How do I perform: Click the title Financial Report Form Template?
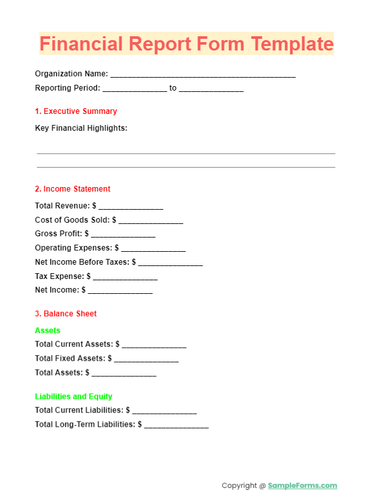(x=187, y=44)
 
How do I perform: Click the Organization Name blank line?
(x=203, y=75)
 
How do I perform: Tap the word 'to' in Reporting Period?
(x=173, y=88)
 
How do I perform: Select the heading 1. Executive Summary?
(x=76, y=111)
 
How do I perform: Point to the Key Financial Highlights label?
(x=81, y=128)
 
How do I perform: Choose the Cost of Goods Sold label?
(x=72, y=220)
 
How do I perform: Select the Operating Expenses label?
(x=73, y=248)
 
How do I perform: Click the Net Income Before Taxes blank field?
(x=171, y=263)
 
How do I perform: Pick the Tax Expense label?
(x=59, y=276)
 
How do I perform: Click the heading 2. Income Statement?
(x=72, y=189)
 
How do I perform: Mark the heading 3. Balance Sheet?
(x=65, y=314)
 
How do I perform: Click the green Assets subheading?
(x=48, y=331)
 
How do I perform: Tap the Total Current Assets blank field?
(x=154, y=346)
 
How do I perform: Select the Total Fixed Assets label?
(x=69, y=359)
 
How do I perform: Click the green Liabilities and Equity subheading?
(x=74, y=397)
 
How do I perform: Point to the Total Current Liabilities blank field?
(x=165, y=411)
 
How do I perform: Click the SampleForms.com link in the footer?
(x=302, y=485)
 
